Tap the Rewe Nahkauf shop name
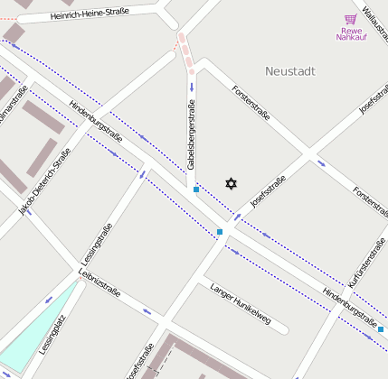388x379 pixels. (x=350, y=33)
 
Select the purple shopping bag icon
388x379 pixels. (x=350, y=19)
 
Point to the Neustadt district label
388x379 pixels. (x=289, y=70)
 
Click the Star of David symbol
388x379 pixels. (x=231, y=184)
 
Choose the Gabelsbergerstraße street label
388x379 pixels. (x=192, y=135)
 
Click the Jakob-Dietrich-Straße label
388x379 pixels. (x=44, y=181)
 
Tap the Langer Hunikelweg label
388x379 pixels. (x=240, y=300)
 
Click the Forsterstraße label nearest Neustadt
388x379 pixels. (x=251, y=104)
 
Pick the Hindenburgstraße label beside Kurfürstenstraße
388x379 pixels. (x=349, y=306)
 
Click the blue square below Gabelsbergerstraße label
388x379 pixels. (x=196, y=189)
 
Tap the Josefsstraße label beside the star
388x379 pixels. (x=268, y=192)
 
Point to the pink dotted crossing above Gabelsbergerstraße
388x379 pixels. (x=185, y=52)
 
